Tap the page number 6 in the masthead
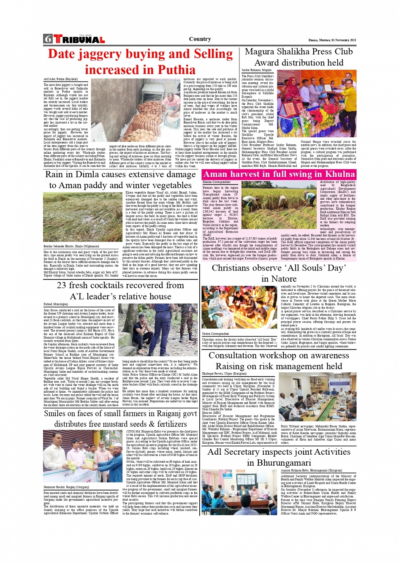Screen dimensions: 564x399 48,39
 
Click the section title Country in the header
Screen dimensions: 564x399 200,39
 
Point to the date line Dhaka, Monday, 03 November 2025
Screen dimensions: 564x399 332,40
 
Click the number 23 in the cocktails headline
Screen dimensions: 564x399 62,285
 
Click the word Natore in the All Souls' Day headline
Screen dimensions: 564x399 285,279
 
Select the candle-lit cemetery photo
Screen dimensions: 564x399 239,308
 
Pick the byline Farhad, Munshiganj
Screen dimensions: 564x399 56,304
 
